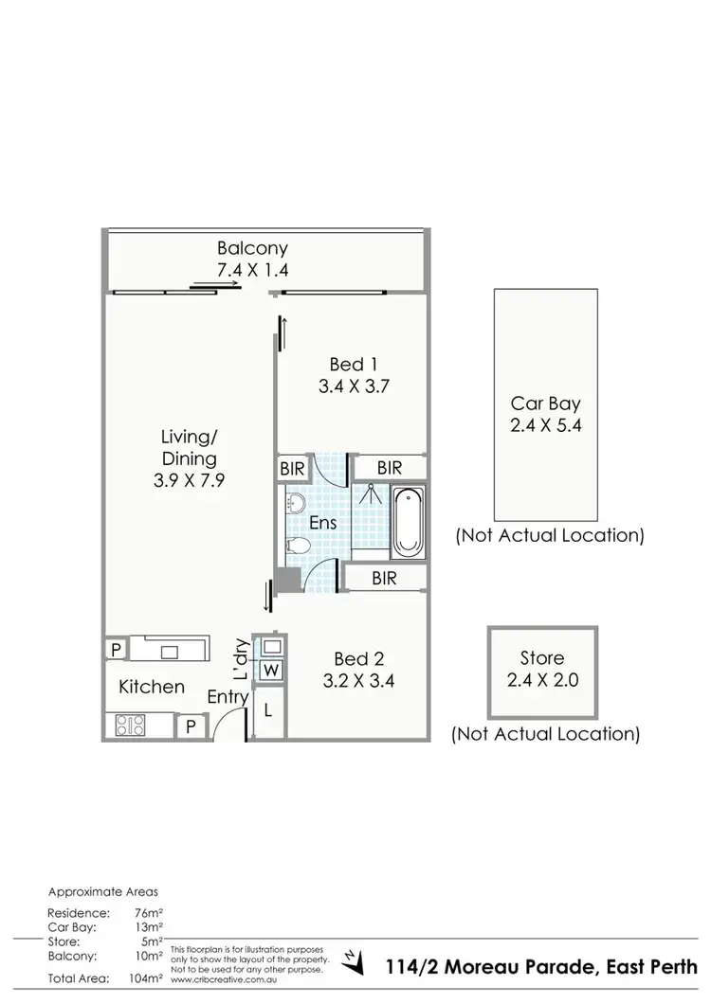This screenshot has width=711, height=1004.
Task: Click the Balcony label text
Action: coord(252,248)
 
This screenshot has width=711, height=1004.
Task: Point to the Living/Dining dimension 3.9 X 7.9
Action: coord(189,480)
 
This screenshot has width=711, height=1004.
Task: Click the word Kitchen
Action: coord(152,687)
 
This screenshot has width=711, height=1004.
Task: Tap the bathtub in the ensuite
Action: coord(409,522)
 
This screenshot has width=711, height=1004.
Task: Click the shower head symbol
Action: coord(371,493)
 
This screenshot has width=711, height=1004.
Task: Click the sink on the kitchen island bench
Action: coord(170,651)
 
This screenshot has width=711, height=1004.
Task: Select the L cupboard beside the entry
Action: coord(270,708)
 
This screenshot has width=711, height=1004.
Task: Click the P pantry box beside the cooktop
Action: coord(191,726)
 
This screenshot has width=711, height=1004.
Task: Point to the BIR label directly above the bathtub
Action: coord(389,468)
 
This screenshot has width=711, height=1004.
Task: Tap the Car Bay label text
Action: coord(545,403)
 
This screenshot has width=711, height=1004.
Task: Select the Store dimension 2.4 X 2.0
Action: coord(542,679)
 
